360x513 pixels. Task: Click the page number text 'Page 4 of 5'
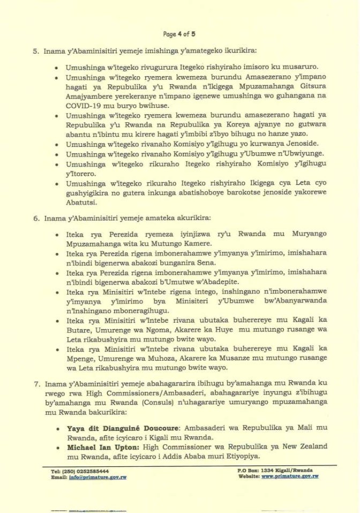click(x=179, y=34)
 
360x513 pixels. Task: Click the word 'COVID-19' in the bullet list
click(x=81, y=122)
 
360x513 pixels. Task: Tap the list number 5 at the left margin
click(x=36, y=51)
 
